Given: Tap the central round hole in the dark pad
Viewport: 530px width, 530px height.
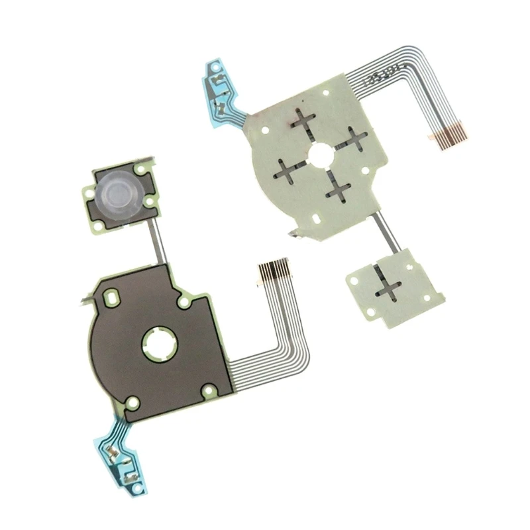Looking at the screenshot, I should (x=158, y=344).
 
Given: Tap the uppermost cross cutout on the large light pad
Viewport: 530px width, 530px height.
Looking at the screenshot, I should (x=304, y=122).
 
